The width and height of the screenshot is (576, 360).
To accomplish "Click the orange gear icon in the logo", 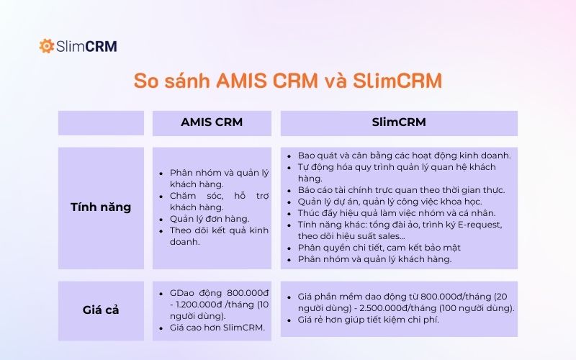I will coord(47,46).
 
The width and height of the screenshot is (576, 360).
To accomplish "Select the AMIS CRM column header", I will coord(211,122).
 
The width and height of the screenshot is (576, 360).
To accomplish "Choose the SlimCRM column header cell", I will coord(398,122).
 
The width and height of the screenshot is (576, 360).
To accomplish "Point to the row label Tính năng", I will coord(101,207).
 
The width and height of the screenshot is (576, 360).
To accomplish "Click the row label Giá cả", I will coord(101,310).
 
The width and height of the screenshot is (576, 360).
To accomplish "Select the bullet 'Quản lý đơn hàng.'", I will coord(209,218).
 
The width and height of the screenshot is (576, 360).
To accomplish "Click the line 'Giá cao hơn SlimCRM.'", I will coord(218,328).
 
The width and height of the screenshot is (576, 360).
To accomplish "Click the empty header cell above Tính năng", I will coord(101,122).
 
